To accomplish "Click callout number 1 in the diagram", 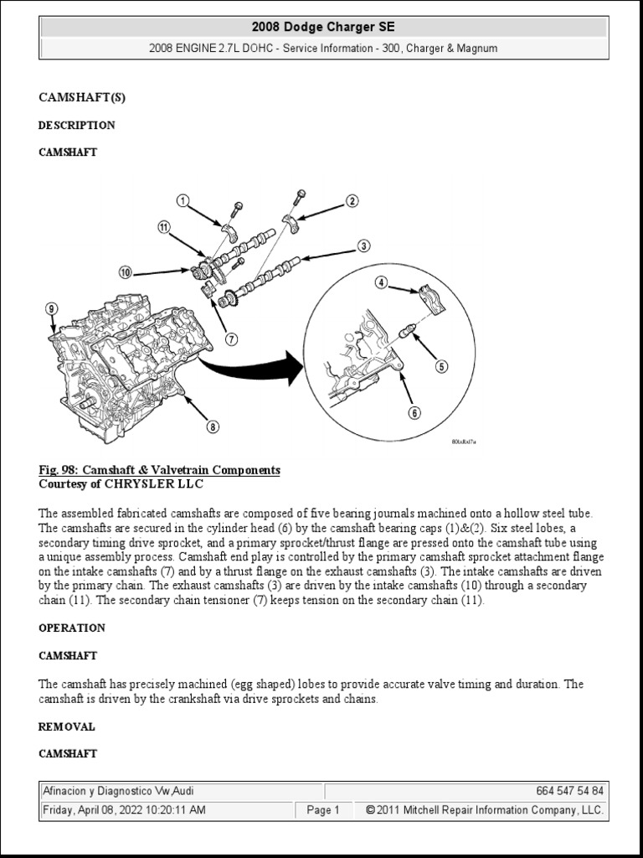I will (183, 200).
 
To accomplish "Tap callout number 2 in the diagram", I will (352, 200).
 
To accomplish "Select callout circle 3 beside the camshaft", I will (363, 246).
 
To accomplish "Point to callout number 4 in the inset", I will (382, 283).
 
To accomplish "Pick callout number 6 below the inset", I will (414, 412).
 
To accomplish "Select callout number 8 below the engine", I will (213, 426).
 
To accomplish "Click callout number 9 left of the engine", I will (52, 308).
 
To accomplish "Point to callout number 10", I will (125, 272).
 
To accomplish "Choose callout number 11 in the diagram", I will (164, 227).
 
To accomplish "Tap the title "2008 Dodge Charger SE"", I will (323, 28).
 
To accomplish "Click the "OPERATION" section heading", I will (72, 628).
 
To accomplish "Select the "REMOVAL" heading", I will (67, 726).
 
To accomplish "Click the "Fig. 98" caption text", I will (159, 471).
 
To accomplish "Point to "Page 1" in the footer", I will (323, 810).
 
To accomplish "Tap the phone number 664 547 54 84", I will (568, 791).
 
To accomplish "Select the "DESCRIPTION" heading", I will (77, 126).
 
